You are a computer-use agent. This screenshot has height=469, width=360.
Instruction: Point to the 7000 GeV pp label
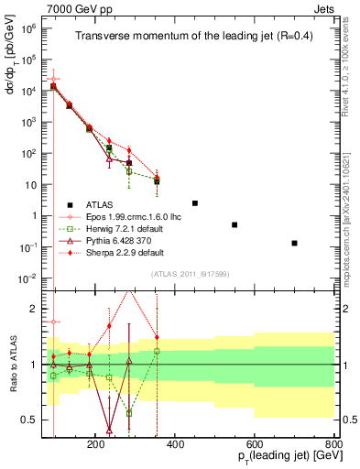tap(74, 7)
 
